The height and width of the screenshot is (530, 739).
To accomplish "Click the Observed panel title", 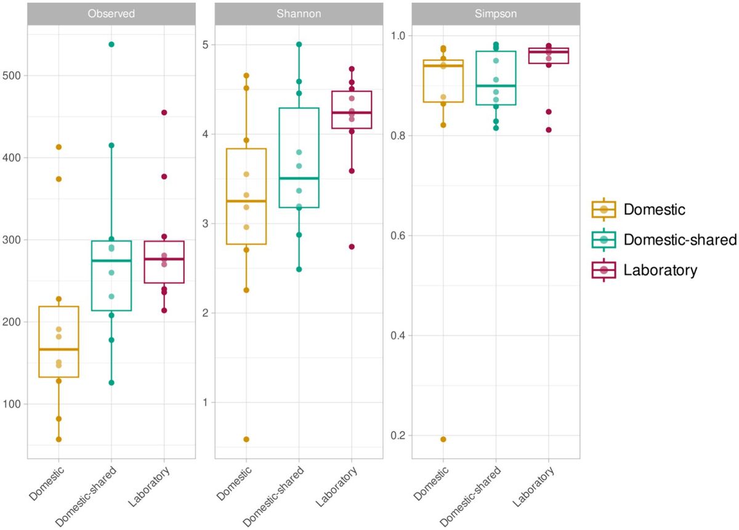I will (x=112, y=14).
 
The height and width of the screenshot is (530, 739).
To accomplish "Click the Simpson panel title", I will (x=495, y=14).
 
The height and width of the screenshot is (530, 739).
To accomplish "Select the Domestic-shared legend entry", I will (x=680, y=240).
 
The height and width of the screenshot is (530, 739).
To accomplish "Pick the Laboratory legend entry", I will (x=660, y=269).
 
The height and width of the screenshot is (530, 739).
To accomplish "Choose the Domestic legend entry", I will (x=654, y=210).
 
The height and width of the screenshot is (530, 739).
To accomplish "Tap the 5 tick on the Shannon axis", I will (x=206, y=44).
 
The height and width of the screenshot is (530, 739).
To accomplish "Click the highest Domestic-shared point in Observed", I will (x=111, y=44).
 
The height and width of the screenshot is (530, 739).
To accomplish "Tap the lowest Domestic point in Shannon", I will (x=246, y=439).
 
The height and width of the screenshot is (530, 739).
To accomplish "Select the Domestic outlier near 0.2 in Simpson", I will (x=443, y=439).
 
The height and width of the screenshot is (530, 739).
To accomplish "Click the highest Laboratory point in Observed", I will (x=164, y=113).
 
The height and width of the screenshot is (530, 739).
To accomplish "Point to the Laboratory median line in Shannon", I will (x=352, y=113).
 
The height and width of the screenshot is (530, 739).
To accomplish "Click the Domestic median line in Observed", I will (x=59, y=349).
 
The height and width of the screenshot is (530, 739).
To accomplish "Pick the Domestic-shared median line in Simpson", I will (x=496, y=86).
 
